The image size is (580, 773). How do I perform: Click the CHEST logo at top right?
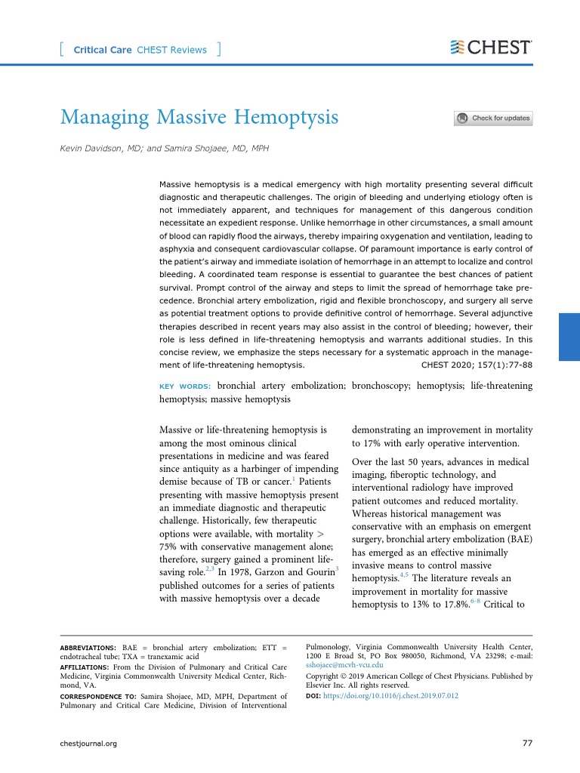click(490, 48)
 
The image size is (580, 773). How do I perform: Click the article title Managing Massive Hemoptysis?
click(199, 118)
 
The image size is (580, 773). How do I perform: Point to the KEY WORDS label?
click(185, 386)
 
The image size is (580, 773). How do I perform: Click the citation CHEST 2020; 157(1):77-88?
click(475, 365)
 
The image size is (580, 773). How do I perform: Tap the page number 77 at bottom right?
click(527, 744)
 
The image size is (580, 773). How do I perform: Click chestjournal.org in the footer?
click(88, 744)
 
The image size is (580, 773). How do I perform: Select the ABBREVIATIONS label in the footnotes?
click(88, 648)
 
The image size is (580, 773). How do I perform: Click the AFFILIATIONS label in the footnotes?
click(86, 667)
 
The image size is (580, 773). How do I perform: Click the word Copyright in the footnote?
click(325, 677)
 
